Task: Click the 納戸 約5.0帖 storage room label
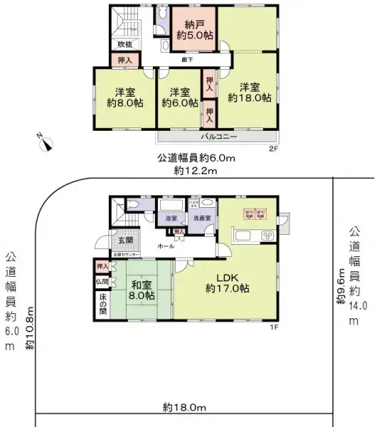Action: pyautogui.click(x=193, y=27)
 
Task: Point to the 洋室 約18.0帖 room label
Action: pyautogui.click(x=250, y=93)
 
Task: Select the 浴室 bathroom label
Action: pyautogui.click(x=171, y=218)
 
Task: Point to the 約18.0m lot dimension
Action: pyautogui.click(x=184, y=407)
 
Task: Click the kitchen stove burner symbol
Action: pyautogui.click(x=269, y=236)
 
